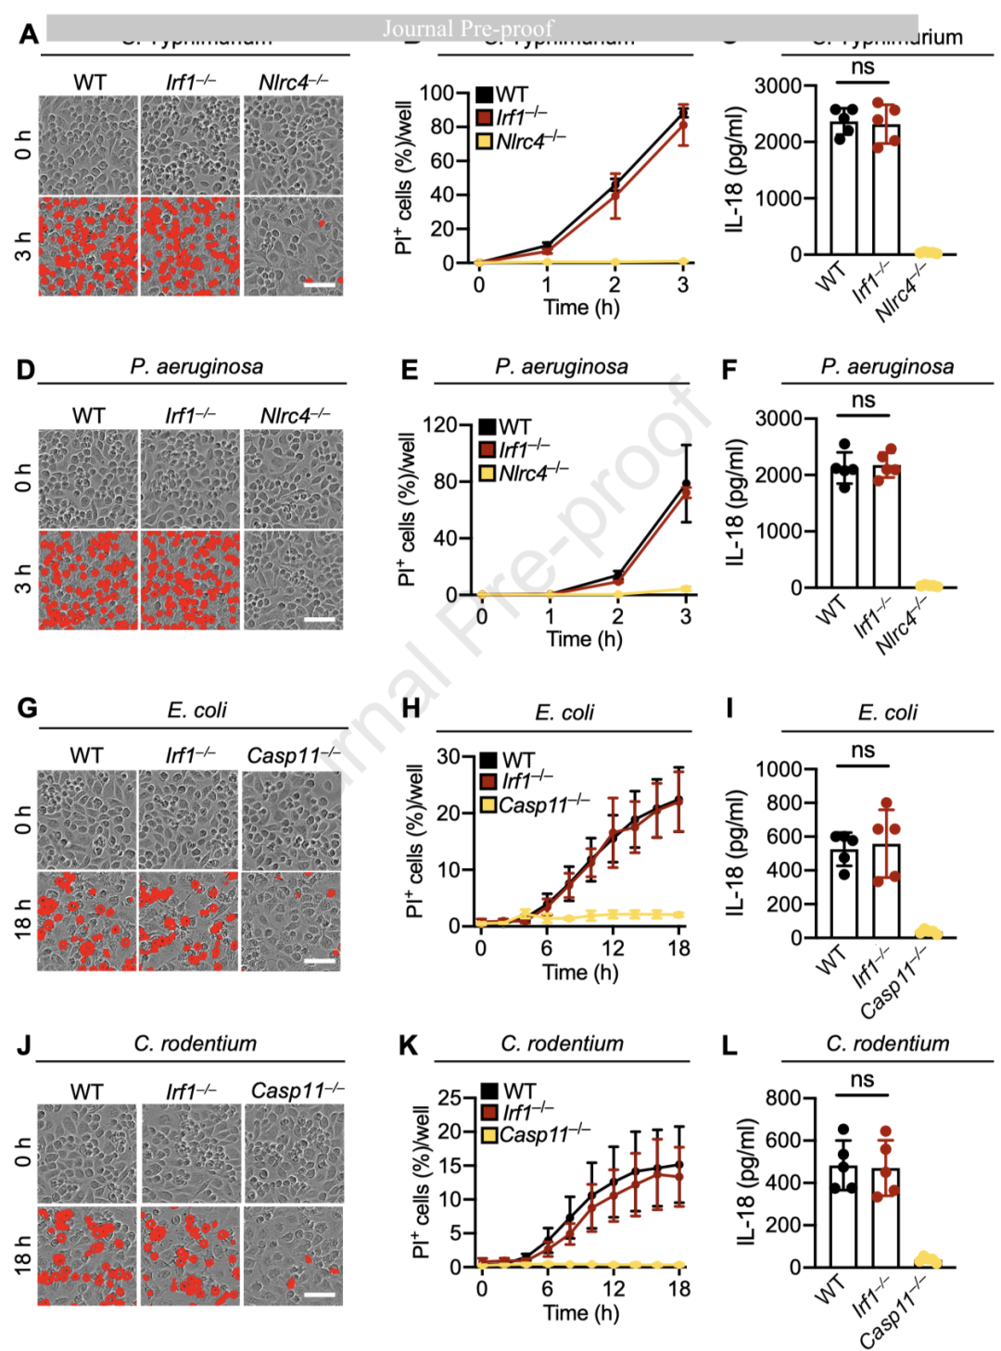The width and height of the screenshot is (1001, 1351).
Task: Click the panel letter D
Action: [25, 370]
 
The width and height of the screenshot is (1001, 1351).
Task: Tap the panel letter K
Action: [408, 1046]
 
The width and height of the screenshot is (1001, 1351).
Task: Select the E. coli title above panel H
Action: [564, 713]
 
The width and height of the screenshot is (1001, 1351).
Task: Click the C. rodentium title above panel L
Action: [887, 1043]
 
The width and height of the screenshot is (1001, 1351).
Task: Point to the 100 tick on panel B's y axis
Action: [437, 93]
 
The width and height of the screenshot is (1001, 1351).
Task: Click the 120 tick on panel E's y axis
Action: [439, 425]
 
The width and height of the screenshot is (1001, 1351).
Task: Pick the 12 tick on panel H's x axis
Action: [613, 948]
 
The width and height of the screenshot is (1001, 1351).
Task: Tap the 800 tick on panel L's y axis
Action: [783, 1098]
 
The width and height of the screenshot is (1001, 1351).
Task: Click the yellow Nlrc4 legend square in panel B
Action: [484, 142]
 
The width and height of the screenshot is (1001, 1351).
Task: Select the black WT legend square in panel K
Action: [490, 1092]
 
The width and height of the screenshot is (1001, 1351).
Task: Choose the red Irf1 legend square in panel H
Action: [488, 781]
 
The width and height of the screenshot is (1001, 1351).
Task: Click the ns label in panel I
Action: [863, 750]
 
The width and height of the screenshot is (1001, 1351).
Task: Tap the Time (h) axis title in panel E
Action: [584, 638]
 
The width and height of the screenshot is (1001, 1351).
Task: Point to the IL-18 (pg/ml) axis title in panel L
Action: [748, 1181]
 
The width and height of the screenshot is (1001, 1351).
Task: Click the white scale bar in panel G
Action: [320, 961]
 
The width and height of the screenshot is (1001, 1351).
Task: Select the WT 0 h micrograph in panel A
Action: [88, 145]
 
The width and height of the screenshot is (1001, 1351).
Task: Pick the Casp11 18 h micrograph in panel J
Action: [294, 1256]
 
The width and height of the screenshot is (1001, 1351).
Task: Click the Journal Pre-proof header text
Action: [468, 29]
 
